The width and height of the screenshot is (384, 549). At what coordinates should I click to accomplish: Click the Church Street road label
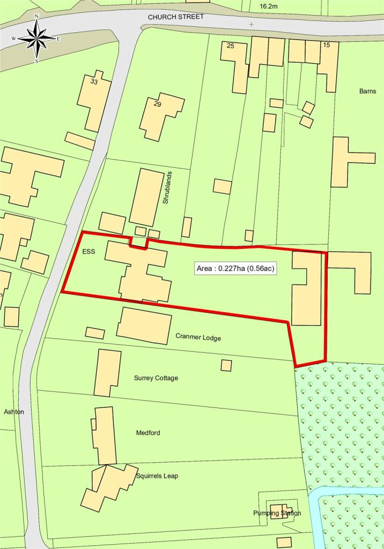[x=176, y=17]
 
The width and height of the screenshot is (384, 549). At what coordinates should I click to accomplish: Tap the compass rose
[x=36, y=38]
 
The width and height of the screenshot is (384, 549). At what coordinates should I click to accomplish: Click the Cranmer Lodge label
[x=198, y=338]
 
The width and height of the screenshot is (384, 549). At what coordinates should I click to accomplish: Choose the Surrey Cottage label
[x=156, y=378]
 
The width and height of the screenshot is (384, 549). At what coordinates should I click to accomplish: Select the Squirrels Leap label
[x=157, y=476]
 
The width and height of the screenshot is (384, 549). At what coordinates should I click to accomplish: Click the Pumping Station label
[x=277, y=513]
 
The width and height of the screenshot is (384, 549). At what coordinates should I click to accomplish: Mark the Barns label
[x=368, y=91]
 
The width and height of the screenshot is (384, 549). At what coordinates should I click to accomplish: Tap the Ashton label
[x=14, y=412]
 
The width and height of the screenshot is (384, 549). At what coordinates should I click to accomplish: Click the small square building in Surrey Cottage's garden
[x=226, y=365]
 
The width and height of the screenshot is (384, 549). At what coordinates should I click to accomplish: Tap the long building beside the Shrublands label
[x=146, y=197]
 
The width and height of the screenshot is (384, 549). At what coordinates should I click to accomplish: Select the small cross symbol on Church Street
[x=252, y=24]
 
